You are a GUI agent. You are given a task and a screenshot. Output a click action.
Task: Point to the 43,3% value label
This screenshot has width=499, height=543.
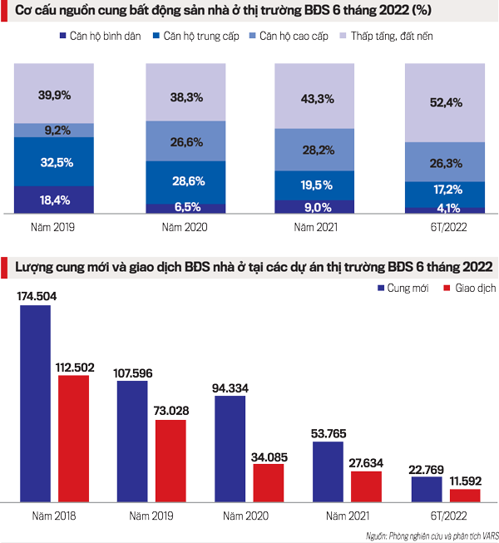point(314,98)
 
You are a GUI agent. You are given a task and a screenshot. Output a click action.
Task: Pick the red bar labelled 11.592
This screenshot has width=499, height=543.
point(464,495)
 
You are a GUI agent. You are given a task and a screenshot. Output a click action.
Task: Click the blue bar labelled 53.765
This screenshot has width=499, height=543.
point(328,471)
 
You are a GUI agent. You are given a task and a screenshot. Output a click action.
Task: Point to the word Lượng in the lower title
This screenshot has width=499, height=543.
point(35,266)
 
